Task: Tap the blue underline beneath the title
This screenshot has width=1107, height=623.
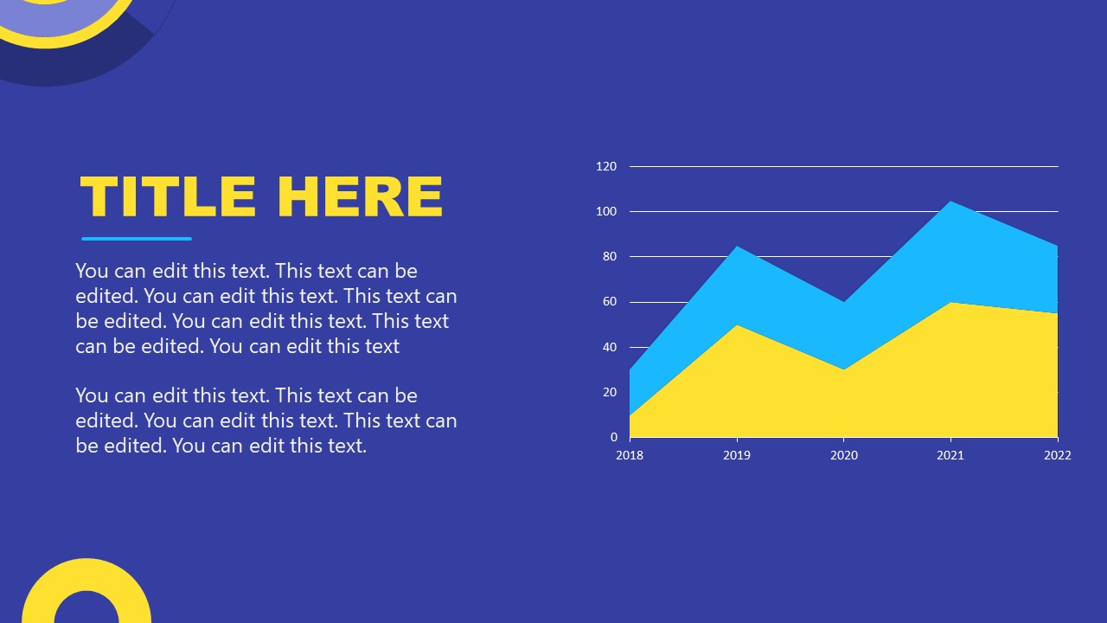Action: point(137,239)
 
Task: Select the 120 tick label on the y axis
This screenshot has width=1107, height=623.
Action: point(606,166)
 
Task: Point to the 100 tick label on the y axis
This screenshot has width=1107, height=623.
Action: point(606,211)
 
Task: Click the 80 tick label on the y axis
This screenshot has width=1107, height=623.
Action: point(610,257)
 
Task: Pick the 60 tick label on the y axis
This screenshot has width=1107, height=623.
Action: point(610,302)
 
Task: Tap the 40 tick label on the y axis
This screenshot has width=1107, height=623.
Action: point(610,347)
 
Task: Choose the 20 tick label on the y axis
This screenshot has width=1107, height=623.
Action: point(610,392)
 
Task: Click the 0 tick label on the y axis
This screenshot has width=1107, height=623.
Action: point(613,438)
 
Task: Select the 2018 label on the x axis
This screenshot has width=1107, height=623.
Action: point(630,455)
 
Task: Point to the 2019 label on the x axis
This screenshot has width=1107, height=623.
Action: point(737,455)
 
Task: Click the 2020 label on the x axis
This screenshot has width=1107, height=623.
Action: point(844,455)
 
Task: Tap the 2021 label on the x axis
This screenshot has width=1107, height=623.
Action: point(950,455)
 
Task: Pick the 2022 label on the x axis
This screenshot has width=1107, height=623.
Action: point(1057,455)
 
